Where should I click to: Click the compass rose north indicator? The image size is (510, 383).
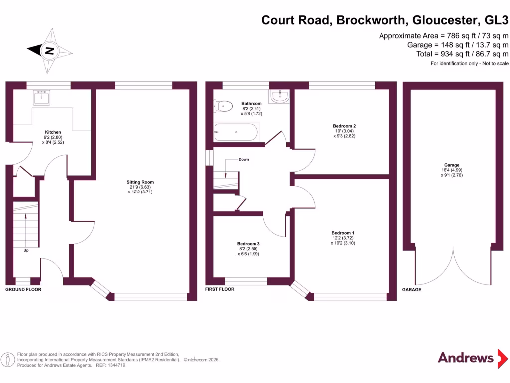point(49,50)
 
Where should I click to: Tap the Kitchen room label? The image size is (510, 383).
point(53,132)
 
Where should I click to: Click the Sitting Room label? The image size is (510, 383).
point(140,182)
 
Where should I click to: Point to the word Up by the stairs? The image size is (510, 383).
point(26,250)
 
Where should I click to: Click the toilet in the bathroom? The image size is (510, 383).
point(224,105)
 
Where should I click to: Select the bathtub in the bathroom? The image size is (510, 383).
point(236,133)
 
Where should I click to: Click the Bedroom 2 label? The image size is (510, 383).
point(344,126)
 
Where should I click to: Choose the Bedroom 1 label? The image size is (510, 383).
point(343,233)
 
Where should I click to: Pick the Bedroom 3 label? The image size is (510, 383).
point(248,244)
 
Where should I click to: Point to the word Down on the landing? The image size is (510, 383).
point(244,159)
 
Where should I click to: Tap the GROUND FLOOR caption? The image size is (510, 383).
point(23,289)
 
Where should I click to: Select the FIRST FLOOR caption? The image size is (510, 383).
point(220,289)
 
